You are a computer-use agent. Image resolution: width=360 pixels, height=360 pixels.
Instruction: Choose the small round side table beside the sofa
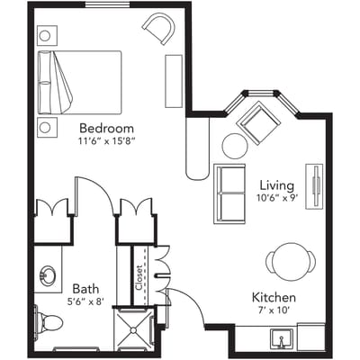click(x=235, y=145)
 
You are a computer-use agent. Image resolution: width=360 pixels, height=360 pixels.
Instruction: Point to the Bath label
click(x=85, y=288)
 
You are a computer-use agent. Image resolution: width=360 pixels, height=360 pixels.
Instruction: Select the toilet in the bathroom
click(x=44, y=321)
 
